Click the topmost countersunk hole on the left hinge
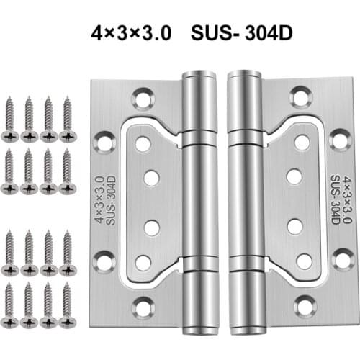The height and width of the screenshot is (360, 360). [144, 96]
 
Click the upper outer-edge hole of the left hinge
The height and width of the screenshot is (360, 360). [105, 140]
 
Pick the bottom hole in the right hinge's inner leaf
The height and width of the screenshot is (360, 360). [303, 259]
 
